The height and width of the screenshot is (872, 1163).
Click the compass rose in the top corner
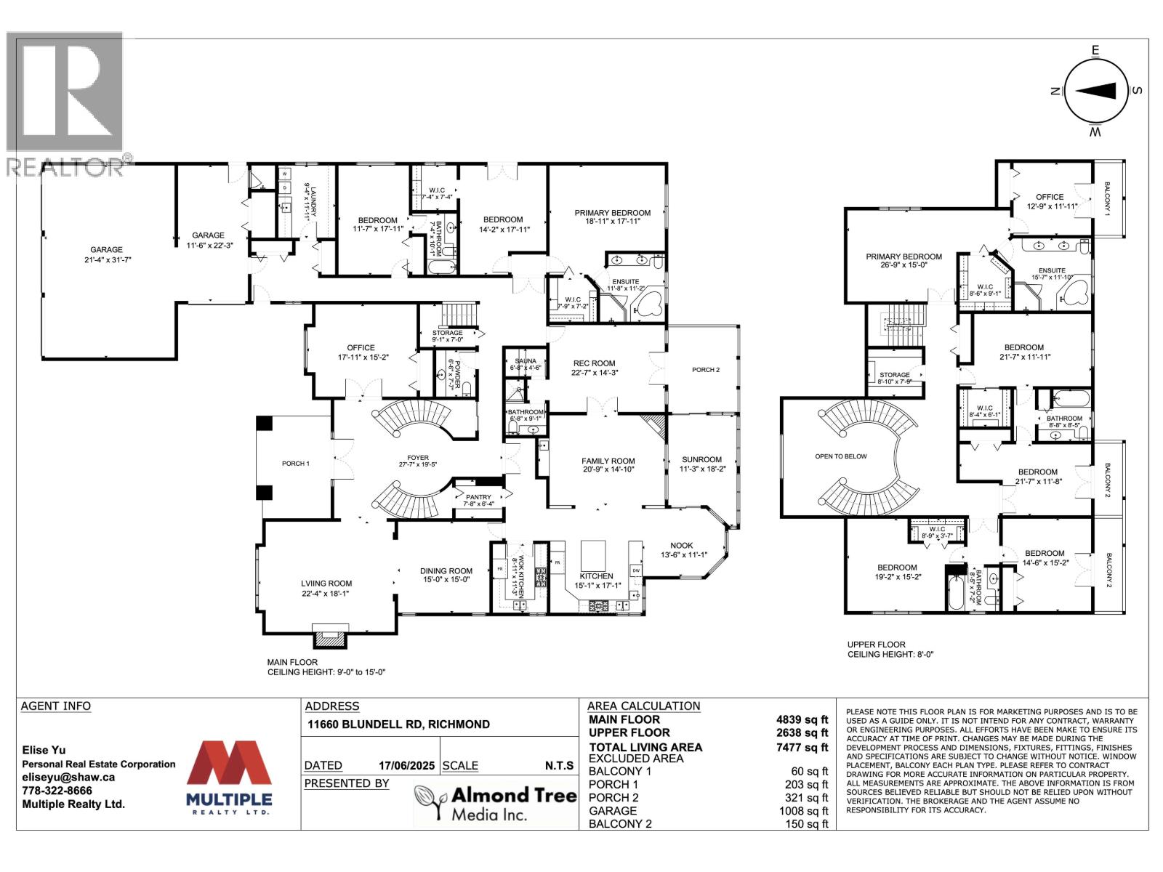1096,91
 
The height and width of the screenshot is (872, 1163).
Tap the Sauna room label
526,361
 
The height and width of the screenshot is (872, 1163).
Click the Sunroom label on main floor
701,459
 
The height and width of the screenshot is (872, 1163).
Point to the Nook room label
681,546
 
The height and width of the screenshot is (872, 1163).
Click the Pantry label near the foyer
478,497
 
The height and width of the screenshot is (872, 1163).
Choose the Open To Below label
841,456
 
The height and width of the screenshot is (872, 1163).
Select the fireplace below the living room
330,637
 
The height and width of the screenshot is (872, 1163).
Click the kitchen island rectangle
594,557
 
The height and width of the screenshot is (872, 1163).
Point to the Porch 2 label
705,370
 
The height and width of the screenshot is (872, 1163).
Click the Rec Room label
594,363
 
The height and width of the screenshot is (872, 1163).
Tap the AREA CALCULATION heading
643,706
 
